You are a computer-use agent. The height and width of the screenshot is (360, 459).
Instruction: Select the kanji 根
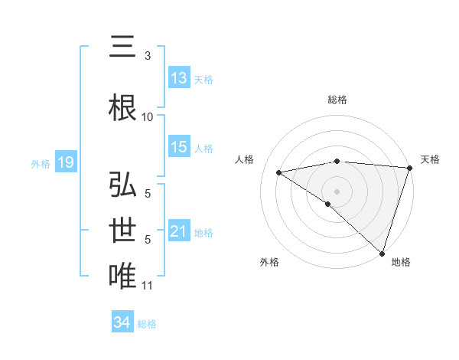point(122,107)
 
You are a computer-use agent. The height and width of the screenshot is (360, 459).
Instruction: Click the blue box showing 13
point(178,79)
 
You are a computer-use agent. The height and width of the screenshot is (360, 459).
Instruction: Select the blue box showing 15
point(178,147)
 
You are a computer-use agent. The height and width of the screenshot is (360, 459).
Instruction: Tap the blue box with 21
point(178,231)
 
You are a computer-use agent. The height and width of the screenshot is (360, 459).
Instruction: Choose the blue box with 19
point(65,162)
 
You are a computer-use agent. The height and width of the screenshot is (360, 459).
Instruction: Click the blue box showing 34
point(122,322)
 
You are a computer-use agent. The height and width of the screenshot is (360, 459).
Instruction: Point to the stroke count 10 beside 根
point(148,117)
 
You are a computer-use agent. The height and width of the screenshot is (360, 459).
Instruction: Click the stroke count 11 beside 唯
point(148,286)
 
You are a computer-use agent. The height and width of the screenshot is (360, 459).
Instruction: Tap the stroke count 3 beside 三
point(148,56)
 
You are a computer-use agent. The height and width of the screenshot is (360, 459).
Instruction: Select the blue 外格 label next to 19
point(41,163)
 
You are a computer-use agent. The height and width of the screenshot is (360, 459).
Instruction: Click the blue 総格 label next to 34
point(147,323)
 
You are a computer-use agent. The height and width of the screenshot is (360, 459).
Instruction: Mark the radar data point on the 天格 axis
point(410,168)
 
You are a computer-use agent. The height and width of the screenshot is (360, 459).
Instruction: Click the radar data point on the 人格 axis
point(278,172)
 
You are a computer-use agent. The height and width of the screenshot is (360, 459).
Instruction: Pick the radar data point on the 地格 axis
point(381,253)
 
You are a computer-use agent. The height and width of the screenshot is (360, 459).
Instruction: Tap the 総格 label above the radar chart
point(337,100)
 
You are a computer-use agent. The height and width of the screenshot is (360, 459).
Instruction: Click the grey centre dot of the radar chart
point(337,190)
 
